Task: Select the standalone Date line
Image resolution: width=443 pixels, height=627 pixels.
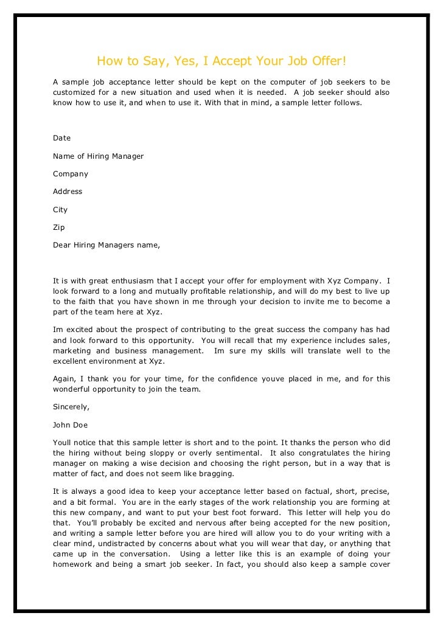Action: tap(62, 138)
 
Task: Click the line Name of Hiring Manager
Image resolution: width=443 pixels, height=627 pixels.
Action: tap(99, 156)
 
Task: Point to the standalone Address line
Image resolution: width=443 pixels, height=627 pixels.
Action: tap(68, 192)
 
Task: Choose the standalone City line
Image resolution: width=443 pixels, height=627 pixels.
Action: tap(60, 210)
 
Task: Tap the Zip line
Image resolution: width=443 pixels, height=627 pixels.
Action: tap(59, 227)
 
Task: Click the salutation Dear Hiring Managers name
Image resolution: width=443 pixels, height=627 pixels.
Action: tap(106, 246)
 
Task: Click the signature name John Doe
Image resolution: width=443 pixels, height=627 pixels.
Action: tap(71, 424)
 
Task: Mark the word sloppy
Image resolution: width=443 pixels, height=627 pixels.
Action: tap(161, 453)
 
